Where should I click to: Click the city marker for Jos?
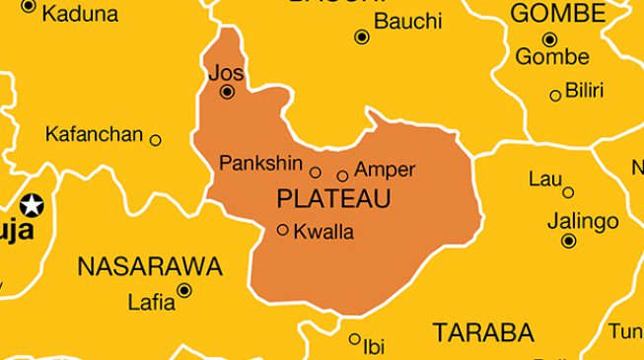point(228,92)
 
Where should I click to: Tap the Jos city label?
point(225,72)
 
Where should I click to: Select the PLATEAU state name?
point(334,199)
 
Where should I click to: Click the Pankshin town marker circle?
point(316,172)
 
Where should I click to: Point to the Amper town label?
point(385,169)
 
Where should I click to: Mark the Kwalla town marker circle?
point(283,230)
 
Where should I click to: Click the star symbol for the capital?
point(33,205)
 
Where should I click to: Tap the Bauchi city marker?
point(362,37)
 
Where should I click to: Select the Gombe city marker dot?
point(549,39)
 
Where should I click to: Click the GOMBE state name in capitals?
point(557,13)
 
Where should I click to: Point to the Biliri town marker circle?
point(555,96)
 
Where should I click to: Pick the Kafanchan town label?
point(95,135)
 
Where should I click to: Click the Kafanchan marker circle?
point(155,140)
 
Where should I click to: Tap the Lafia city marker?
point(184,290)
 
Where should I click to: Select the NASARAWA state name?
point(150,266)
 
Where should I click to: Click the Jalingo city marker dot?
point(568,241)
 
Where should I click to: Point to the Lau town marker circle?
point(568,192)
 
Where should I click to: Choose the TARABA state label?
point(483,331)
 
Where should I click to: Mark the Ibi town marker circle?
point(355,339)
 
